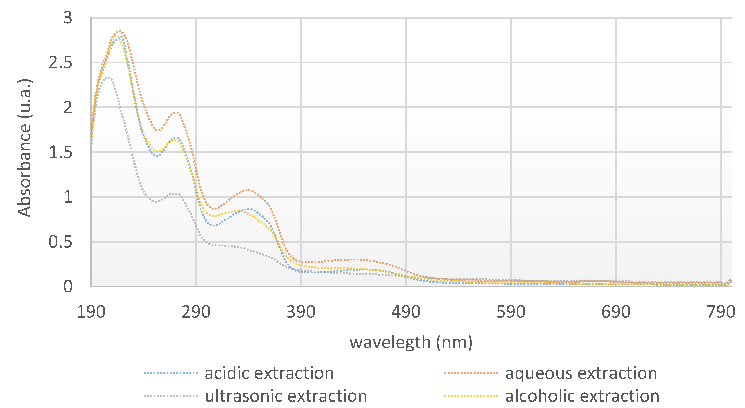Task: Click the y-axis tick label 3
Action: click(68, 18)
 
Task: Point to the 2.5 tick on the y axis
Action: click(60, 63)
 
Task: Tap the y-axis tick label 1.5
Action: click(60, 152)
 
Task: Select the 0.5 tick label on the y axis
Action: click(60, 242)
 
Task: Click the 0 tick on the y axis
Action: click(68, 286)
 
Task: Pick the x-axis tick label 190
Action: click(91, 312)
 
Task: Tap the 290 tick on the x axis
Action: click(196, 312)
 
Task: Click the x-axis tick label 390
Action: click(301, 312)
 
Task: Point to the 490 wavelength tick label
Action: click(406, 312)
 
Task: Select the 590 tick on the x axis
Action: click(511, 312)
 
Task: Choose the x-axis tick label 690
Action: click(616, 312)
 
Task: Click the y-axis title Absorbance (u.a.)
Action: click(24, 148)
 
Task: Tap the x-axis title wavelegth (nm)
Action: click(411, 342)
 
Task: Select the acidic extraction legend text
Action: click(269, 373)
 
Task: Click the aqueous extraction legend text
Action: click(581, 373)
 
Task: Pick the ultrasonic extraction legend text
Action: click(286, 396)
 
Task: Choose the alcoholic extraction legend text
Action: click(582, 396)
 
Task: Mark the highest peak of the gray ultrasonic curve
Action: click(108, 77)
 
